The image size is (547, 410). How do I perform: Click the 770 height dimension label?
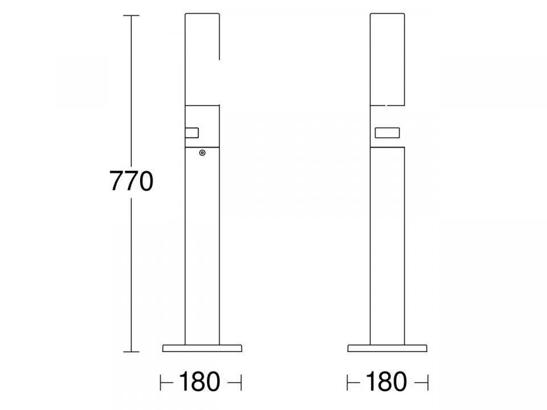point(132,181)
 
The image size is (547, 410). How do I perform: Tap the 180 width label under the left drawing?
point(199,382)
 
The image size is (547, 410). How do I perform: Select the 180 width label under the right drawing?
point(386,382)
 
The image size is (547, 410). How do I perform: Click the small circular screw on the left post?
point(202,153)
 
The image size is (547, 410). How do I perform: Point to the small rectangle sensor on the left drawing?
point(191,133)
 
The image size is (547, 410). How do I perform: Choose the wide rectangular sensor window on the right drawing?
point(387,133)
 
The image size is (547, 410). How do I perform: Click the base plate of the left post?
point(202,348)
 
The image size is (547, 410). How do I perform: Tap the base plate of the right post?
point(387,348)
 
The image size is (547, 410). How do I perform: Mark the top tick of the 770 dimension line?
point(131,16)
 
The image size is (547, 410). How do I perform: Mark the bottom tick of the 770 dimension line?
point(131,352)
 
